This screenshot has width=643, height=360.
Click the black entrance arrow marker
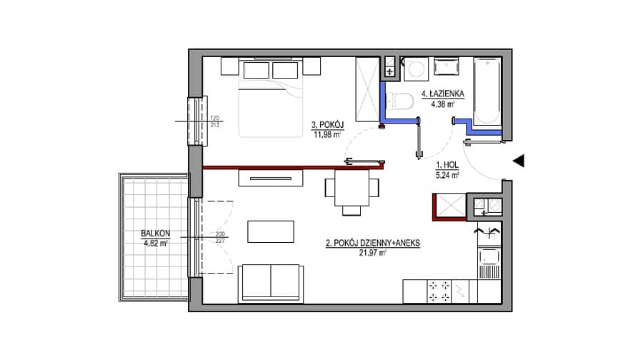pyautogui.click(x=519, y=161)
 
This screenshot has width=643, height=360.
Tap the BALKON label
pyautogui.click(x=156, y=234)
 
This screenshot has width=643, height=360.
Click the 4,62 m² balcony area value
pyautogui.click(x=156, y=243)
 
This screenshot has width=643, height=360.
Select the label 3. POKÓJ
pyautogui.click(x=327, y=125)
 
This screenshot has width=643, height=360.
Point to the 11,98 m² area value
pyautogui.click(x=327, y=134)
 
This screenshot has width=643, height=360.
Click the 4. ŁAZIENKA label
pyautogui.click(x=443, y=94)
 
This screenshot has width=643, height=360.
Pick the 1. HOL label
pyautogui.click(x=447, y=165)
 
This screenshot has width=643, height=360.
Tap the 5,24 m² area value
pyautogui.click(x=447, y=175)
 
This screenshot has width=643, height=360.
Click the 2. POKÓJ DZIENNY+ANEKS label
pyautogui.click(x=373, y=243)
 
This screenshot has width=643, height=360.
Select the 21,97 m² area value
pyautogui.click(x=373, y=253)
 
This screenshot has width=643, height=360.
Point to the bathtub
pyautogui.click(x=487, y=91)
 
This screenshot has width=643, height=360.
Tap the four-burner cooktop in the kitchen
pyautogui.click(x=439, y=291)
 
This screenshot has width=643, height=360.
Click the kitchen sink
pyautogui.click(x=489, y=257)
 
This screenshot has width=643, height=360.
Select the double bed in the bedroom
pyautogui.click(x=271, y=98)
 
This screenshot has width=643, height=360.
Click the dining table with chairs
pyautogui.click(x=352, y=192)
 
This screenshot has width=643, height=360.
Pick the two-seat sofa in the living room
pyautogui.click(x=271, y=283)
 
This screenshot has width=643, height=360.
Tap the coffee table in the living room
pyautogui.click(x=271, y=231)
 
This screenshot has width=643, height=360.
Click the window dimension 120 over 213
pyautogui.click(x=215, y=121)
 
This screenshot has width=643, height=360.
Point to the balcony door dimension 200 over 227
pyautogui.click(x=220, y=237)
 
